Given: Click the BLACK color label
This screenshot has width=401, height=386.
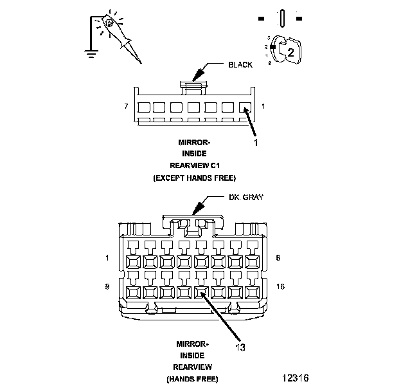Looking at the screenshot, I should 240,64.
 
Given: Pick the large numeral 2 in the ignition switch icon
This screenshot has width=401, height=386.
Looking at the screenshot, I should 290,52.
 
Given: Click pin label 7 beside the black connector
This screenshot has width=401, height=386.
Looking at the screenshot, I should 125,105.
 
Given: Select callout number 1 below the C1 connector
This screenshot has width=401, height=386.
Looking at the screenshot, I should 256,143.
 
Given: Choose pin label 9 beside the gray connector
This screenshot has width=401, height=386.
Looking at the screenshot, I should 106,285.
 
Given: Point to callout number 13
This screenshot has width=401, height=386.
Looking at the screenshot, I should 240,347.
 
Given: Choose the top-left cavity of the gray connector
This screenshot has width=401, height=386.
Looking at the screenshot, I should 134,261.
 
